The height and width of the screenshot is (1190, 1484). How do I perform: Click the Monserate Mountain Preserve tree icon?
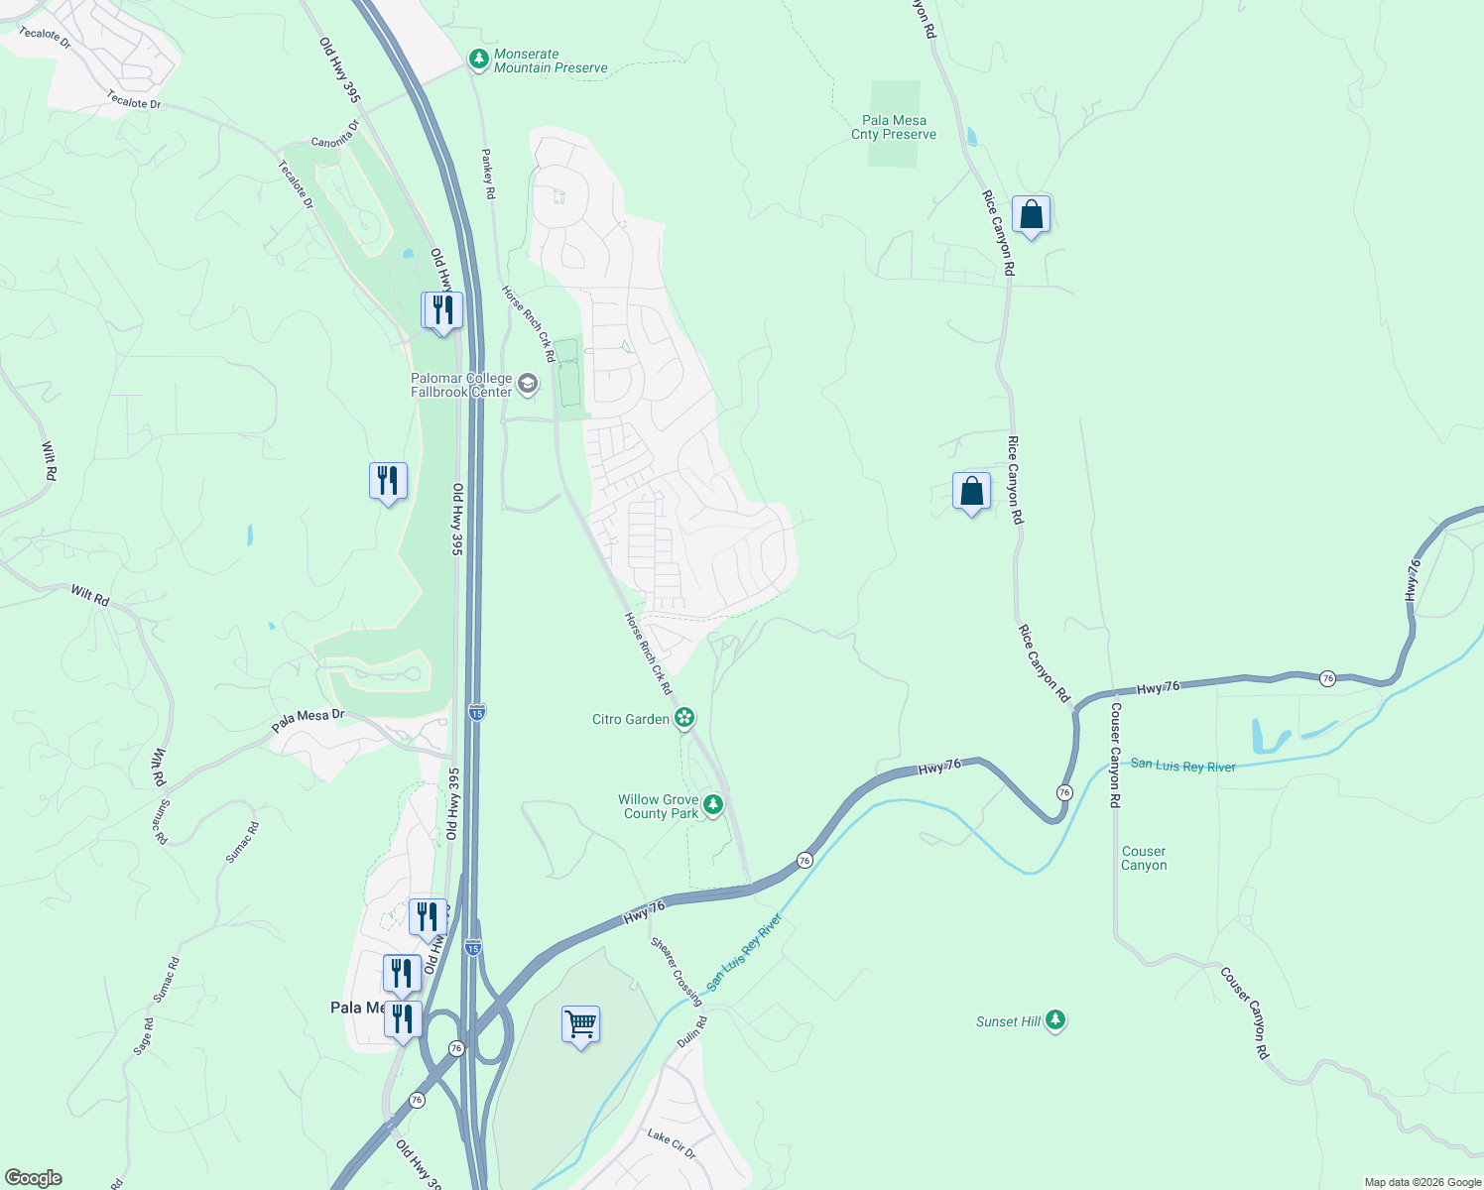click(x=479, y=60)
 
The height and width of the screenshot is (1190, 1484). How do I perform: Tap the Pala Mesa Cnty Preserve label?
click(x=894, y=128)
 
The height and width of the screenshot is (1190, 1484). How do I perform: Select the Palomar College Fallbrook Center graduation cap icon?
click(x=528, y=384)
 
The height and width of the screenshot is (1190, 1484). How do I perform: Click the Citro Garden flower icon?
click(x=684, y=718)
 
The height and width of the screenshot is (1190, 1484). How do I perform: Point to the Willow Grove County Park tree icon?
click(x=713, y=803)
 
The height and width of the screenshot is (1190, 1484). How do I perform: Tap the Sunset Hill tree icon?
click(x=1055, y=1019)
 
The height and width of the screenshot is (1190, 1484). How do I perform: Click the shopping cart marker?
click(x=580, y=1023)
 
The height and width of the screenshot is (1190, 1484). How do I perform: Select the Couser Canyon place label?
click(x=1144, y=858)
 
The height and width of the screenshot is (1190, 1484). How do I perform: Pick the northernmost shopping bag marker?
click(x=1031, y=214)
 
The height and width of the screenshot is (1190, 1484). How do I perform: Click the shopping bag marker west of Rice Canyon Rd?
click(x=971, y=491)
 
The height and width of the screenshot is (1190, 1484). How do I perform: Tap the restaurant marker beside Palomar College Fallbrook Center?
click(x=442, y=310)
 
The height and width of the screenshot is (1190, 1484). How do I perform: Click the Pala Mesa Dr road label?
click(x=308, y=721)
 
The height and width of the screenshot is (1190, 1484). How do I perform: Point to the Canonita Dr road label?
click(x=335, y=136)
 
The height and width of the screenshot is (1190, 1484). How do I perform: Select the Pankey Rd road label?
click(x=487, y=174)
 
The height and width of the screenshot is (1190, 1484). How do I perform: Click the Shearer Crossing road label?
click(x=677, y=970)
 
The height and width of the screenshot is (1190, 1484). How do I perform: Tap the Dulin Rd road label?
click(x=692, y=1032)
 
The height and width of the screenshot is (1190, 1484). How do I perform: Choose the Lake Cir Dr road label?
click(x=672, y=1143)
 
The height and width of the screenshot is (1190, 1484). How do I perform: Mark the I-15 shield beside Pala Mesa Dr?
click(x=477, y=712)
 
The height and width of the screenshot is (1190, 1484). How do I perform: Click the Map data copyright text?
click(x=1422, y=1182)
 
